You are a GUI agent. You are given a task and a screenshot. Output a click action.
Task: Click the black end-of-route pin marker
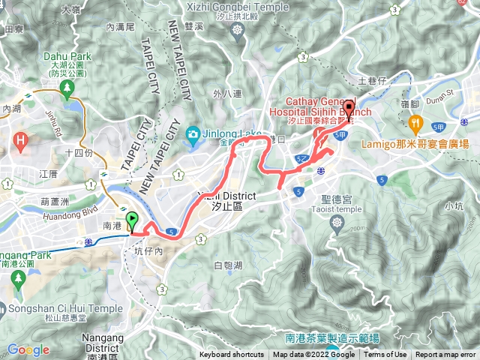[349, 106]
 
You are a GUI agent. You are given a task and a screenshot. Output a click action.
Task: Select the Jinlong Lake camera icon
[193, 135]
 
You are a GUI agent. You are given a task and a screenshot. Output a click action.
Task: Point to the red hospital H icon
[22, 139]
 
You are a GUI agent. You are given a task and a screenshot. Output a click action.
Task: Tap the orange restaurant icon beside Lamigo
[414, 122]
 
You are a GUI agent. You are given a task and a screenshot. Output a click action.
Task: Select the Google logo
[28, 349]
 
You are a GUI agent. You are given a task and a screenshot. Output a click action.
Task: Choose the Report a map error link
[446, 355]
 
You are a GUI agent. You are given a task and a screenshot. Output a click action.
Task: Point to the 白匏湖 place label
[227, 265]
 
